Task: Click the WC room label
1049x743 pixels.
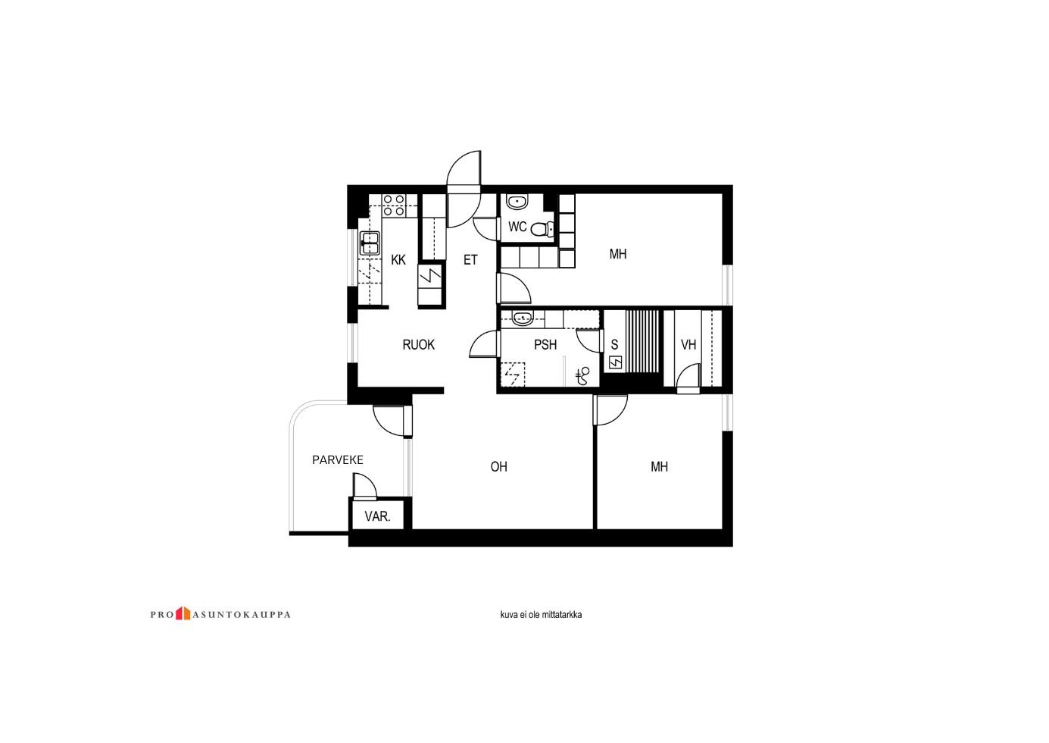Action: click(517, 227)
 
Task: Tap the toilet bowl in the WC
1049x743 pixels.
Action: click(543, 229)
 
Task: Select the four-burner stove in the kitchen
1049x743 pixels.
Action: click(394, 205)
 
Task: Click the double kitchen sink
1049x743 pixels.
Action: click(370, 243)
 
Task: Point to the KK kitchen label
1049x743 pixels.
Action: click(398, 260)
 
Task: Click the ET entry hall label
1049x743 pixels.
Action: click(470, 260)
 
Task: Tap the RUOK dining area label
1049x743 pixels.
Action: click(418, 345)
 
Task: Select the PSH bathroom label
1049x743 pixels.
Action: click(545, 345)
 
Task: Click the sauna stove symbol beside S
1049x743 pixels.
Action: click(615, 363)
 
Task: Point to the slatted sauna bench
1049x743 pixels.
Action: click(642, 341)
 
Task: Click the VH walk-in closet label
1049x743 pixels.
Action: click(688, 345)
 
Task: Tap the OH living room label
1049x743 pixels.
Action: click(498, 467)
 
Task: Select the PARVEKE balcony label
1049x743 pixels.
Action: click(338, 460)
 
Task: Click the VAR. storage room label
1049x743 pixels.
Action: click(377, 516)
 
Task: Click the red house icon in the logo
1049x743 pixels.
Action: click(183, 613)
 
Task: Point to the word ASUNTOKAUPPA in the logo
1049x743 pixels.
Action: click(241, 615)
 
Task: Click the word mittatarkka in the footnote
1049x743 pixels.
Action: click(562, 615)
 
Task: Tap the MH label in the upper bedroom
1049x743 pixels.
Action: click(618, 254)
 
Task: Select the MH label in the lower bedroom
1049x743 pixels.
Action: click(659, 467)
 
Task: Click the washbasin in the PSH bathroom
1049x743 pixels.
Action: click(523, 318)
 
